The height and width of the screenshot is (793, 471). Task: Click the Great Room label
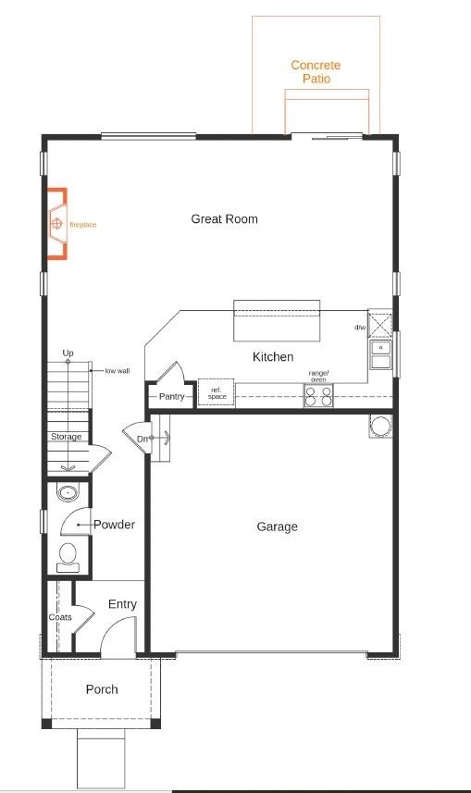click(224, 219)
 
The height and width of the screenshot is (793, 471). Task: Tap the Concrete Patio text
click(316, 72)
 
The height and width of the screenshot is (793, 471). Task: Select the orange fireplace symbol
click(57, 223)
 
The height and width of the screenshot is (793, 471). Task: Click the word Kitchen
click(273, 357)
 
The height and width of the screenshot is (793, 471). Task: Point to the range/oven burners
click(318, 395)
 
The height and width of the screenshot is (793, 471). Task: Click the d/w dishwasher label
click(360, 328)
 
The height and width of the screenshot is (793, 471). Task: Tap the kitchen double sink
click(380, 354)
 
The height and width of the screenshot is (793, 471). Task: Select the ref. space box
click(216, 392)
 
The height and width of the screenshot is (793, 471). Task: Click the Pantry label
click(171, 396)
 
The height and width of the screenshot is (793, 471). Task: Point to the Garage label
click(278, 527)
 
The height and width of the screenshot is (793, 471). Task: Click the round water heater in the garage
click(380, 426)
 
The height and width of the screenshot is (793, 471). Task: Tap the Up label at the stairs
click(68, 353)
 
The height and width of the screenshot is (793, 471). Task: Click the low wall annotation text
click(118, 371)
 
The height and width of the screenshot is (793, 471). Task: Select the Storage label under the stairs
click(66, 437)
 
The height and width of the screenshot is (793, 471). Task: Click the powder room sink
click(68, 493)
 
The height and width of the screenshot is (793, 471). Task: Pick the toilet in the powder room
click(68, 557)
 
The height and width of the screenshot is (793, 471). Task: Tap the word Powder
click(115, 525)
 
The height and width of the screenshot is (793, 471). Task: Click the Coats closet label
click(60, 617)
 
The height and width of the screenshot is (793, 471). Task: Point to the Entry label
click(122, 604)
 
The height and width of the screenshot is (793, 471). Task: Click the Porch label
click(102, 689)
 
